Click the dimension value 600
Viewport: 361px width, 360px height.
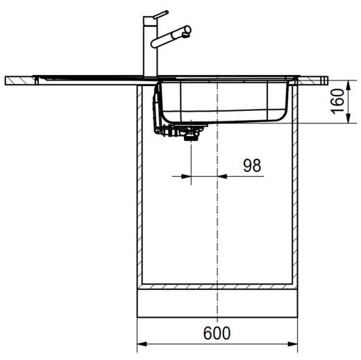click(217, 333)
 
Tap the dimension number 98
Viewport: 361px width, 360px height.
click(252, 165)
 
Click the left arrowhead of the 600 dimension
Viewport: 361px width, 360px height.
click(141, 345)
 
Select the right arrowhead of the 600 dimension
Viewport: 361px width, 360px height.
click(295, 345)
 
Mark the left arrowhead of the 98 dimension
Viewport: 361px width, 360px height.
click(185, 176)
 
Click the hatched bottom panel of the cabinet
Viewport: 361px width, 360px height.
click(218, 286)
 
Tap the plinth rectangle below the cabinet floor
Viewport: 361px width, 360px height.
click(218, 303)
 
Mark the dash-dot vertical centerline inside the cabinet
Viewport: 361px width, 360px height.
click(218, 229)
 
